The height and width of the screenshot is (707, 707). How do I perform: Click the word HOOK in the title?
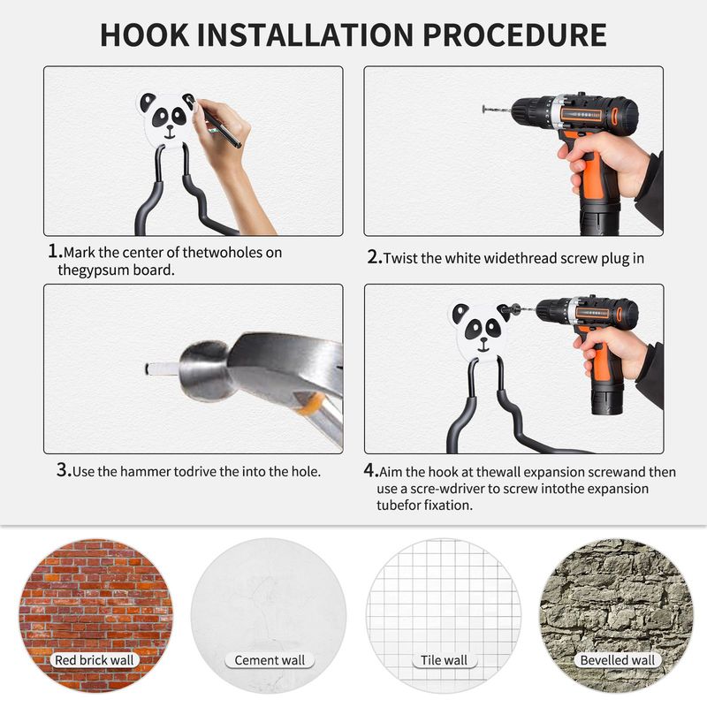144,34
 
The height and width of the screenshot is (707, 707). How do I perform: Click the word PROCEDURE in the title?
514,34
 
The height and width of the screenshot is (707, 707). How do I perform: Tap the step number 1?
55,251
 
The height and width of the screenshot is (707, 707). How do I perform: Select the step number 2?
375,257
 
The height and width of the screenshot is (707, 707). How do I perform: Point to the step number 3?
64,470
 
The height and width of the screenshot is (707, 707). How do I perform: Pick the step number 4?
370,470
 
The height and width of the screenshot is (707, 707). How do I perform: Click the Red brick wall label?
95,660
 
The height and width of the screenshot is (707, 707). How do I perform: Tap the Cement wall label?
270,660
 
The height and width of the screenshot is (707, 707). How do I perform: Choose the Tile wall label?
444,660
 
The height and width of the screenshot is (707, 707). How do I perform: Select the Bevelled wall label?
617,660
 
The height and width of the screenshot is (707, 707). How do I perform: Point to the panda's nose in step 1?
170,126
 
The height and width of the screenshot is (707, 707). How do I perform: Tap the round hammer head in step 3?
204,370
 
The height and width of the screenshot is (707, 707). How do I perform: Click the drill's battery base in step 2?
600,219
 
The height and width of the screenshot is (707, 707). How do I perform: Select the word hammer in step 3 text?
146,472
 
